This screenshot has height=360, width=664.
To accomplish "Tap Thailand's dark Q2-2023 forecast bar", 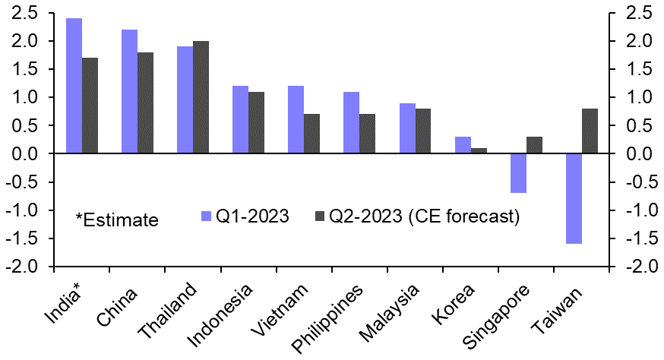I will [201, 97].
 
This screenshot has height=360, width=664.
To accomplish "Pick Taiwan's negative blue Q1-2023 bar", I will [574, 198].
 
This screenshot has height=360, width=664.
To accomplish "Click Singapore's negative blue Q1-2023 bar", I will [519, 173].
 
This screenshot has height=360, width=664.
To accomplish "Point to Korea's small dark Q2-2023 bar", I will [479, 150].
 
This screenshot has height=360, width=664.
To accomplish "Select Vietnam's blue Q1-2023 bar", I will [296, 119].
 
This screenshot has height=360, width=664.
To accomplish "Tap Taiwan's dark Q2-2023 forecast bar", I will [590, 131].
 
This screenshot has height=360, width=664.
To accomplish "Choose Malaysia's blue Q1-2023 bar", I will [407, 128].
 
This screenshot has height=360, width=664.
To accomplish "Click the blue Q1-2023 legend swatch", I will [206, 216].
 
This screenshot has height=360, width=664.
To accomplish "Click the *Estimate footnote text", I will [116, 220].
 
